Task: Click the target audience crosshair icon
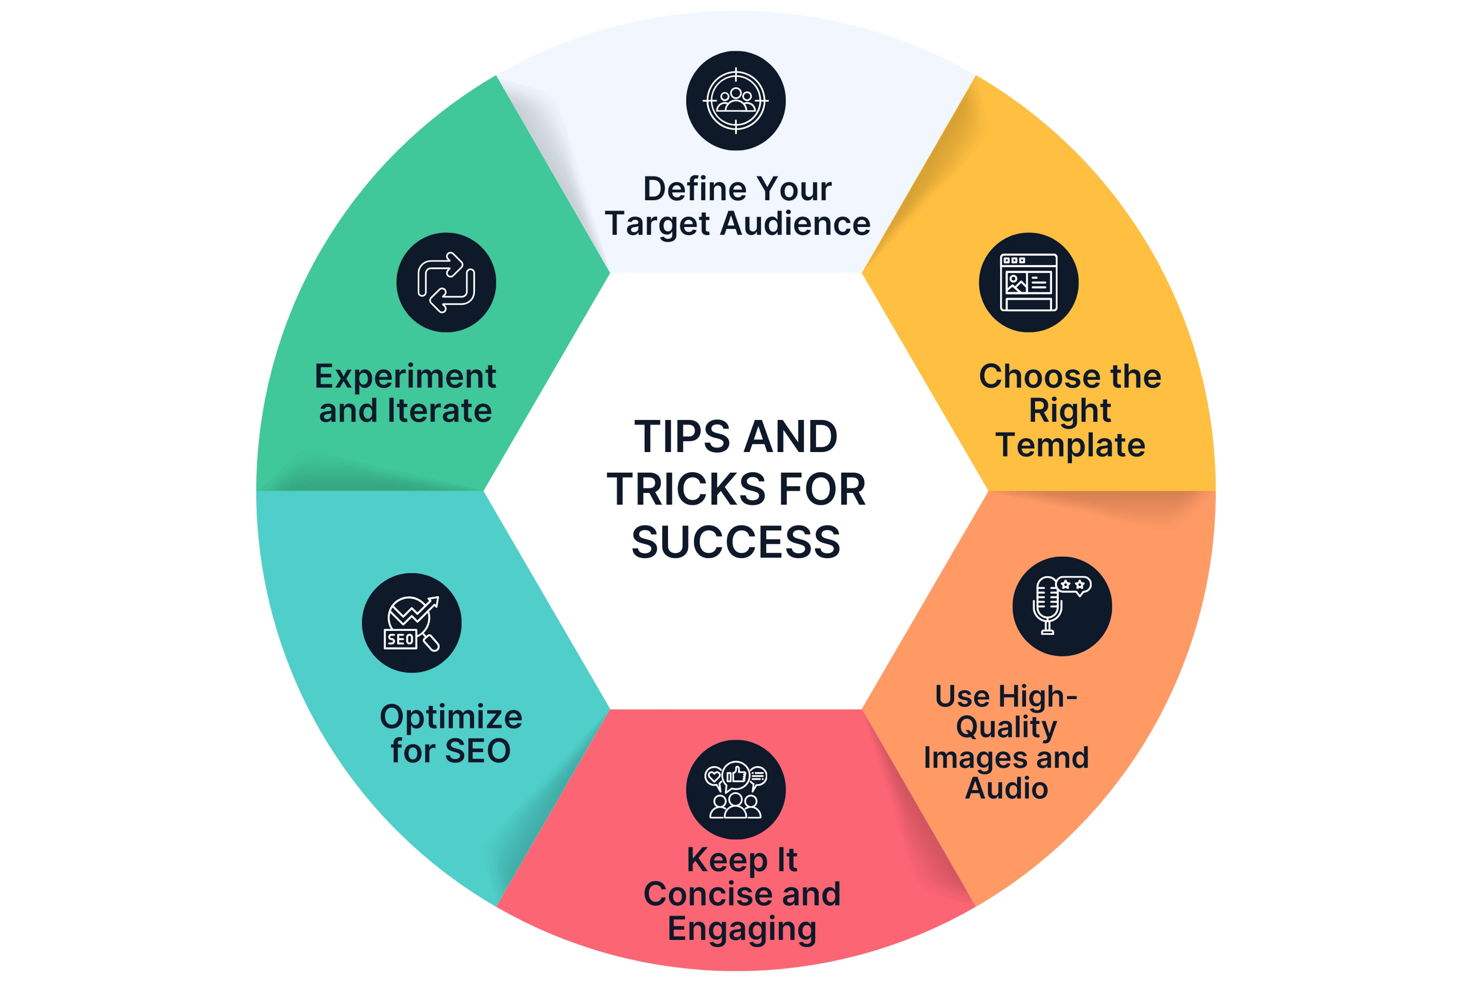(x=736, y=101)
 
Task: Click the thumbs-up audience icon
(x=736, y=791)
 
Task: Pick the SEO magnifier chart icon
(x=411, y=624)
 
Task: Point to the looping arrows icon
(x=446, y=282)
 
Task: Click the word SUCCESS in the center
(x=736, y=542)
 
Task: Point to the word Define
(x=695, y=189)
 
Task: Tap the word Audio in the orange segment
(x=1006, y=788)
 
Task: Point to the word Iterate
(x=439, y=411)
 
